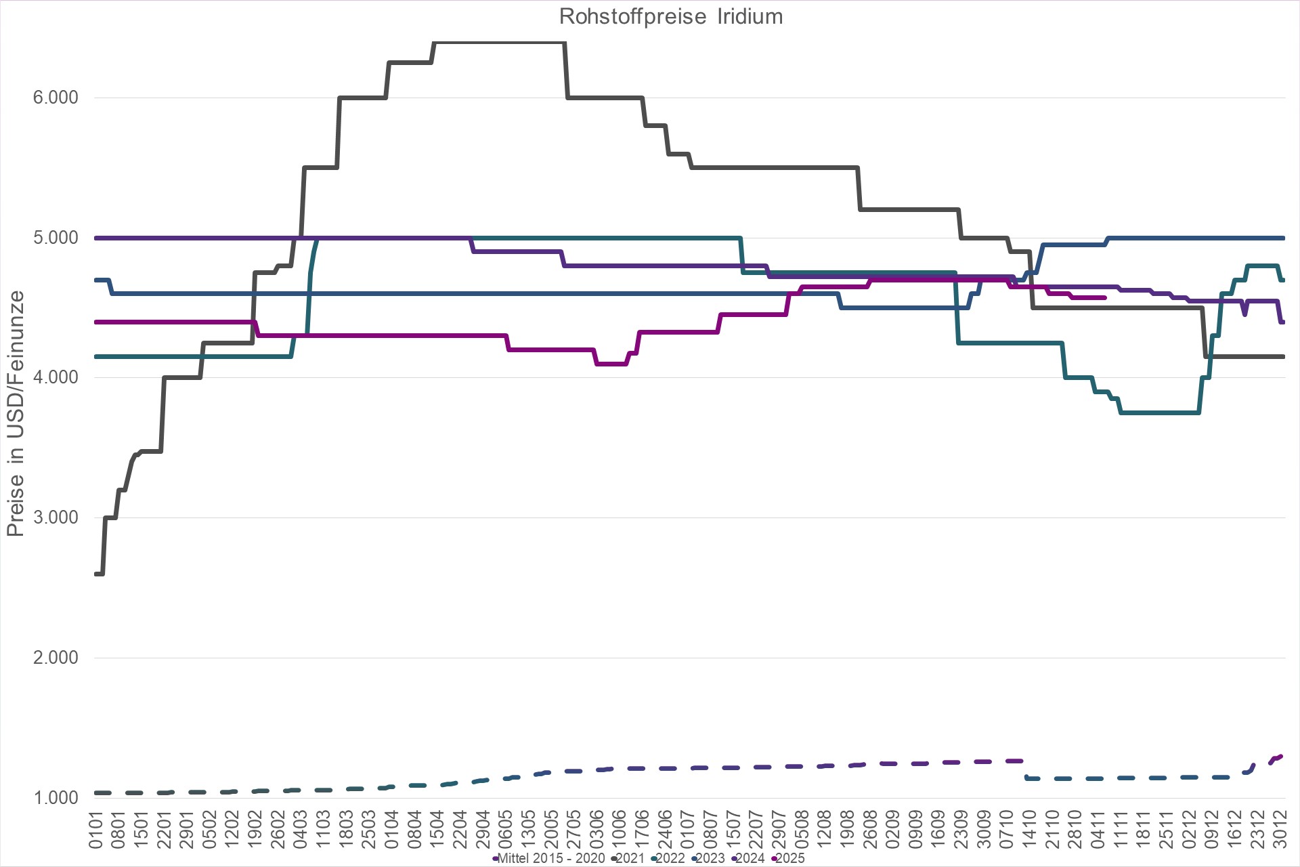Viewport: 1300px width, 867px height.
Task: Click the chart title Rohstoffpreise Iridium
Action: [x=670, y=16]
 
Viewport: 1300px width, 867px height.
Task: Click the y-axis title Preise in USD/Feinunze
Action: [x=15, y=413]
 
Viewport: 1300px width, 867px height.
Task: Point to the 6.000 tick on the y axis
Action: [x=56, y=98]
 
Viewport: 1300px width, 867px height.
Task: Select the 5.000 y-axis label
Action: [x=56, y=238]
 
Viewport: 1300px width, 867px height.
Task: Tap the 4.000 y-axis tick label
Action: [x=56, y=377]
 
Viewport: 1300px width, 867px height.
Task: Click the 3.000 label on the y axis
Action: [x=56, y=517]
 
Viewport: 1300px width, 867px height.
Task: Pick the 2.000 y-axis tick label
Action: [x=56, y=658]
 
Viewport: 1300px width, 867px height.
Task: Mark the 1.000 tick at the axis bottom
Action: [x=56, y=797]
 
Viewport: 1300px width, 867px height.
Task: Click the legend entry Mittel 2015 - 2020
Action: [x=550, y=858]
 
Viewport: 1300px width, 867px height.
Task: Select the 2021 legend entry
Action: [x=630, y=858]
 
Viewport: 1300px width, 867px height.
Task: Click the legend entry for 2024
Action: [x=750, y=858]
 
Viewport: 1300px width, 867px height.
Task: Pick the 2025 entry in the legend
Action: [x=789, y=858]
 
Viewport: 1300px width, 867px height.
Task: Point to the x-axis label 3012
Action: [x=1280, y=830]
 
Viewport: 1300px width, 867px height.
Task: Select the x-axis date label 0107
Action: [x=688, y=830]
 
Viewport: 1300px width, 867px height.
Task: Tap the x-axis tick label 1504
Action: [x=437, y=830]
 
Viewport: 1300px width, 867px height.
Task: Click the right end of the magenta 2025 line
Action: [x=1105, y=297]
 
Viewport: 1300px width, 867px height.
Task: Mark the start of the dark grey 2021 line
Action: [x=95, y=574]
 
